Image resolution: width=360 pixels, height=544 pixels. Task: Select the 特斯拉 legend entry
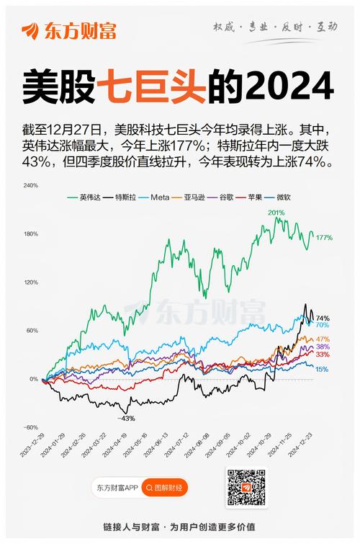tap(123, 196)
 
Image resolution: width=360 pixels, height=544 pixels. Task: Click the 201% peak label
tap(276, 213)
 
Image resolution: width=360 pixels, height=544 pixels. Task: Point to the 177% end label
tap(324, 238)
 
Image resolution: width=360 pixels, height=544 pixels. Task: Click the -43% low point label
tap(127, 419)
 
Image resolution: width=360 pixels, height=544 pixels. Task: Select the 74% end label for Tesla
tap(323, 318)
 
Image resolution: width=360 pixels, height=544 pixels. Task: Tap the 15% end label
tap(322, 370)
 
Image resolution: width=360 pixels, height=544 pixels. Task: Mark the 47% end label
tap(323, 339)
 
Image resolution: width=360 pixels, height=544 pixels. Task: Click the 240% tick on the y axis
tap(31, 185)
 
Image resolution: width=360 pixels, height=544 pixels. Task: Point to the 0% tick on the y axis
tap(34, 379)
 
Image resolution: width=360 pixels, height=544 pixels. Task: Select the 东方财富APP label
tap(117, 488)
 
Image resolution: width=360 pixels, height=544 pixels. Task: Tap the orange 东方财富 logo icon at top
tap(31, 31)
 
